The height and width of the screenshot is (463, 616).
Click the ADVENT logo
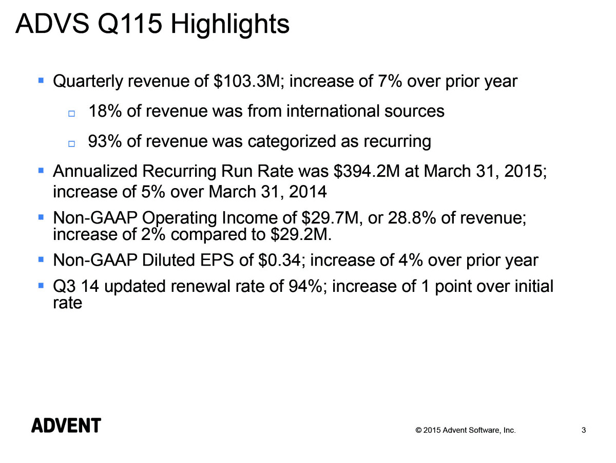66,425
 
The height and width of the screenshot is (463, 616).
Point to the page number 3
584,431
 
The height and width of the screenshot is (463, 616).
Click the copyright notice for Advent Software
465,431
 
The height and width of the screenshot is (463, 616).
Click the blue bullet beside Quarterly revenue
41,81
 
